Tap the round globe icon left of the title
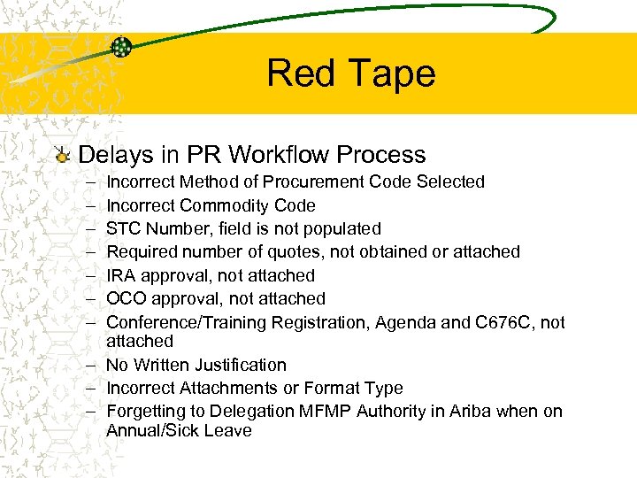pyautogui.click(x=122, y=48)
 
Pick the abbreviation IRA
pyautogui.click(x=122, y=275)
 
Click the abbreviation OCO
pyautogui.click(x=126, y=298)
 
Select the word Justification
pyautogui.click(x=242, y=365)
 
